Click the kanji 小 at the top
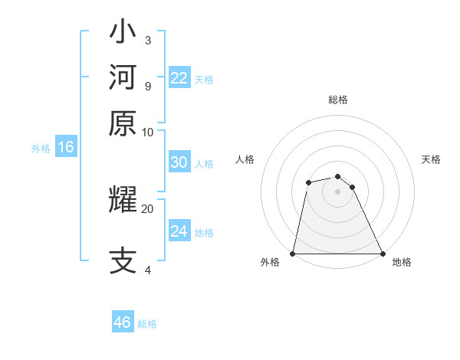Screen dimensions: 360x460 click(123, 34)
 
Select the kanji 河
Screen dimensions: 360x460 click(123, 77)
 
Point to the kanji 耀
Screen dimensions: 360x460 click(123, 201)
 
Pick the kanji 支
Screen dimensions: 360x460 click(123, 261)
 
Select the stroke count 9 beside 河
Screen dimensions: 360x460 click(147, 85)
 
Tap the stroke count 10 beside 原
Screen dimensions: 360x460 click(147, 132)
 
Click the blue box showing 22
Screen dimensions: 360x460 click(179, 78)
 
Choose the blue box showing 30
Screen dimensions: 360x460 click(179, 162)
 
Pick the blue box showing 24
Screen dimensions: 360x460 click(179, 231)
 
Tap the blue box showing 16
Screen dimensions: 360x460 click(65, 148)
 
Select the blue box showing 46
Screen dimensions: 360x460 click(123, 322)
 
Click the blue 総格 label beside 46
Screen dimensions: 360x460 click(147, 324)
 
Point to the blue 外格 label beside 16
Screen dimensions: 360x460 click(41, 149)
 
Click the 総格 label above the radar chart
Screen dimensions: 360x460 click(338, 100)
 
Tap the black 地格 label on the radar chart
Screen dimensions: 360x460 click(402, 263)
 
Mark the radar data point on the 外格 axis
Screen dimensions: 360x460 click(294, 254)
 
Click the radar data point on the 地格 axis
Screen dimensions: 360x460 click(382, 254)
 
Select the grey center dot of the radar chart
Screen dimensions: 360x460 click(337, 191)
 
